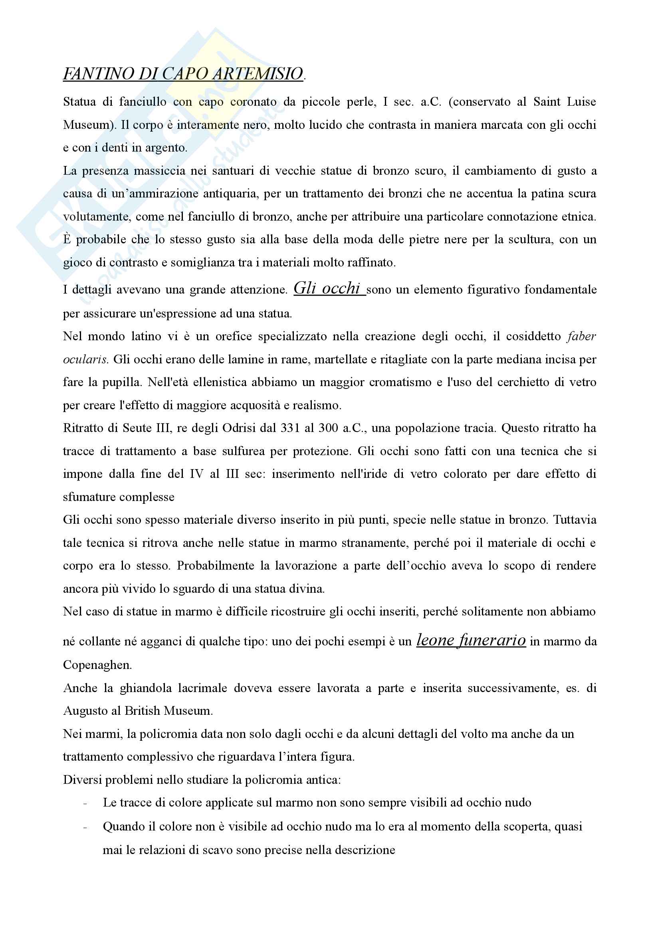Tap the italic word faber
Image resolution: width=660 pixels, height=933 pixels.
(x=581, y=337)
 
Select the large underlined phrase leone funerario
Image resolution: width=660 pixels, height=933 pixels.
(x=471, y=641)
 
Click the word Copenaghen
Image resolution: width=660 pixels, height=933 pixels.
(x=97, y=665)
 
